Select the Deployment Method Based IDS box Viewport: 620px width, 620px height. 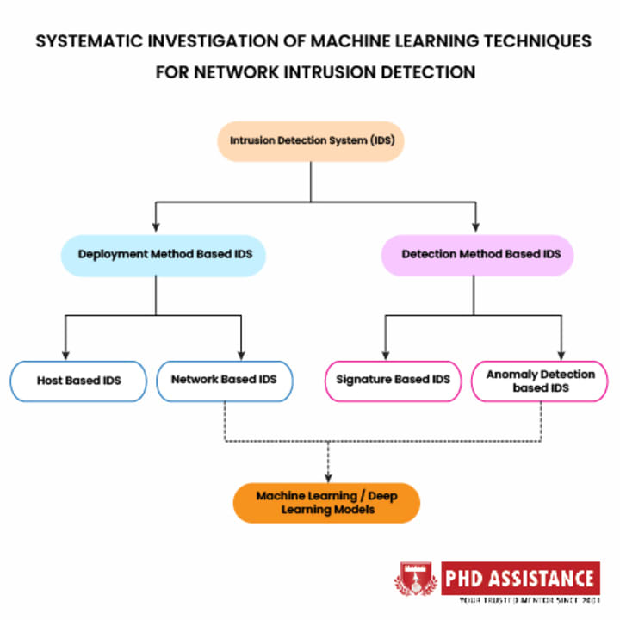click(163, 255)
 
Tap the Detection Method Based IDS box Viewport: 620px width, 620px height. click(476, 255)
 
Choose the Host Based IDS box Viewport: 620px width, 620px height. click(78, 380)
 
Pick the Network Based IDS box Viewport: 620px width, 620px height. click(224, 380)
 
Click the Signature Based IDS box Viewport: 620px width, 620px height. click(393, 380)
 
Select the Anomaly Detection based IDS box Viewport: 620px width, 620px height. click(540, 381)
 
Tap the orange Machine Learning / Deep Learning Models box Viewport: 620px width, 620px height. click(326, 502)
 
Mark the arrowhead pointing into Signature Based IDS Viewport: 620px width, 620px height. click(385, 354)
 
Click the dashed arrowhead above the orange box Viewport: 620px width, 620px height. click(327, 475)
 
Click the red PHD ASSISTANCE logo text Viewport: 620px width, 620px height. click(519, 577)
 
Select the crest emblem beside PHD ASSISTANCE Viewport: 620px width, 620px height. click(417, 581)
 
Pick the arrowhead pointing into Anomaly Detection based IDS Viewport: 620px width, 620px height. click(562, 354)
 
